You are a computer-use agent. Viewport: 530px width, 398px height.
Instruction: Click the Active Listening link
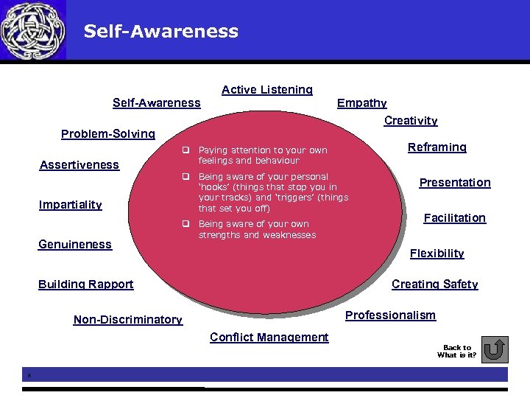click(266, 90)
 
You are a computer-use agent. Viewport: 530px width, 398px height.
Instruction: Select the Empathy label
click(361, 103)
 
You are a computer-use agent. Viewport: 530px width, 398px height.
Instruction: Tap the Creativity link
click(411, 121)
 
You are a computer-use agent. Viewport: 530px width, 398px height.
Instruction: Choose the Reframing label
click(437, 147)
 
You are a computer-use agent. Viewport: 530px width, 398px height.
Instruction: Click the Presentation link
click(454, 183)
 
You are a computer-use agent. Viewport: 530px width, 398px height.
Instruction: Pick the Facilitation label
click(454, 218)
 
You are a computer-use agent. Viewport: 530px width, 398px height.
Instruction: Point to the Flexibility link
click(437, 254)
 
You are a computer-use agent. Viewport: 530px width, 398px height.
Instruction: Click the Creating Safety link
click(434, 284)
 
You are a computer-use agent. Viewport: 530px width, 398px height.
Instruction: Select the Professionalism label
click(390, 315)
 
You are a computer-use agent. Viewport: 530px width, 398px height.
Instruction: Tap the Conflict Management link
click(269, 338)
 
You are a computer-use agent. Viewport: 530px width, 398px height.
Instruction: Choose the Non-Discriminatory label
click(127, 320)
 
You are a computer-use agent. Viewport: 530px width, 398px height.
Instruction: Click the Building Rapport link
click(85, 284)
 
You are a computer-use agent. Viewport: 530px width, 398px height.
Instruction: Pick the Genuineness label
click(74, 245)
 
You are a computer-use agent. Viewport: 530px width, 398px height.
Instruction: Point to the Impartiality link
click(70, 205)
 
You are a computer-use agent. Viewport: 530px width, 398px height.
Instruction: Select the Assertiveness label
click(79, 165)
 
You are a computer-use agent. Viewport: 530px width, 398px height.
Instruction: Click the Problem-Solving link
click(107, 134)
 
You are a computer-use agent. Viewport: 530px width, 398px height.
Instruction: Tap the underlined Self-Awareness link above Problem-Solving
click(156, 103)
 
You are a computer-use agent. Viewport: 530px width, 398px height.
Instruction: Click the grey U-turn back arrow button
click(497, 349)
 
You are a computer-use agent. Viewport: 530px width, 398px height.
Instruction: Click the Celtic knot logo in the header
click(33, 30)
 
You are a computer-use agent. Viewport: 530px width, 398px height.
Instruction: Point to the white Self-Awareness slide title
click(160, 31)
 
